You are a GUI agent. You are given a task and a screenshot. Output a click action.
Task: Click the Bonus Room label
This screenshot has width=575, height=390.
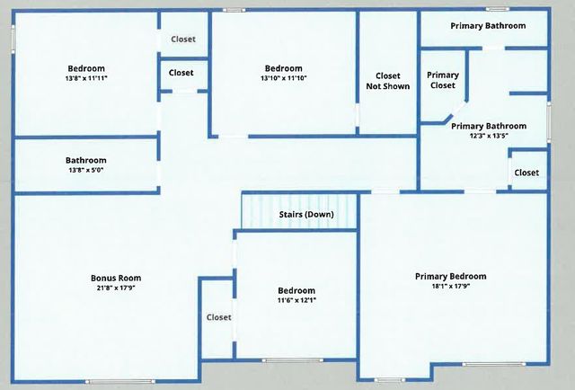point(116,278)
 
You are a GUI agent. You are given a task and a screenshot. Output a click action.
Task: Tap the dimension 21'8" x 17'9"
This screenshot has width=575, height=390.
point(116,288)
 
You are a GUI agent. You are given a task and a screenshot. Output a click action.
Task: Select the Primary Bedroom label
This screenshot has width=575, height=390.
point(450,276)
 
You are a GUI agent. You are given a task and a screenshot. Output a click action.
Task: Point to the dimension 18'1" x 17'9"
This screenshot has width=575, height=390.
point(450,287)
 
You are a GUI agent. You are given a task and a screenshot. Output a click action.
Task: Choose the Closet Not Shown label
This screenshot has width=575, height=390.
point(387,81)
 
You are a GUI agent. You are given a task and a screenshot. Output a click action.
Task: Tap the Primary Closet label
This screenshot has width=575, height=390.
point(442,81)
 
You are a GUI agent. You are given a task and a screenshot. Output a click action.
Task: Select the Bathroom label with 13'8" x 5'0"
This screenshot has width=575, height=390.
point(86,161)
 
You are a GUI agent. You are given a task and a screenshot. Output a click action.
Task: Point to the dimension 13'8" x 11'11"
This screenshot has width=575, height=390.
point(87,79)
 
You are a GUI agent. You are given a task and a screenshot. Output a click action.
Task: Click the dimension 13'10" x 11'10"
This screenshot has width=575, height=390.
point(284,79)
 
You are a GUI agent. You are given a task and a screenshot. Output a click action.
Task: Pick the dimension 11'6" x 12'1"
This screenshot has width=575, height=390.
point(296,301)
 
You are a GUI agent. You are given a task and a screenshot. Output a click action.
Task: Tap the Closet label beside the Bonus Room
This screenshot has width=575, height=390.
point(219,317)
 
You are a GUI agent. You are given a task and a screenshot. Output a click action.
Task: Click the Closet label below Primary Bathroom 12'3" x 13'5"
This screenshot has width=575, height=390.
point(526,173)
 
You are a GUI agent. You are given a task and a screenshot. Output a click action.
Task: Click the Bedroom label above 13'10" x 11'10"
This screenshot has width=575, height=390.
point(284,68)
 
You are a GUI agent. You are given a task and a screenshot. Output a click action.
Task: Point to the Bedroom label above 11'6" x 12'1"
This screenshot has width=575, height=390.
point(296,290)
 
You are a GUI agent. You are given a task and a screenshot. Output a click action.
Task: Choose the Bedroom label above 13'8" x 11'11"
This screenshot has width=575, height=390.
point(87,68)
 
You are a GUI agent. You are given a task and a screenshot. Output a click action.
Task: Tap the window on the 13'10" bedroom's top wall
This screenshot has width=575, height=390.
point(234,10)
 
